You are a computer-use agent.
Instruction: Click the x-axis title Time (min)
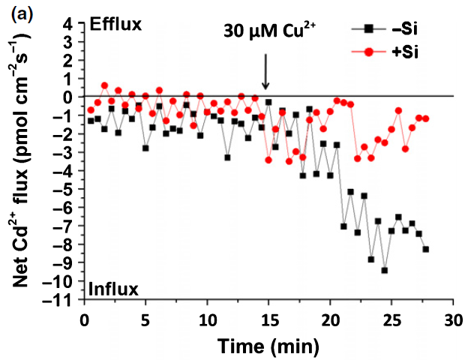click(268, 346)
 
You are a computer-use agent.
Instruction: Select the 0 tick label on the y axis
click(68, 97)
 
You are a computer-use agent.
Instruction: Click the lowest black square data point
click(384, 270)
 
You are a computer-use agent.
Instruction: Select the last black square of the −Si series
click(425, 249)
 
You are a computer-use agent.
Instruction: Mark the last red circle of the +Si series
click(425, 118)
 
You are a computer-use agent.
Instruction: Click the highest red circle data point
click(104, 85)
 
